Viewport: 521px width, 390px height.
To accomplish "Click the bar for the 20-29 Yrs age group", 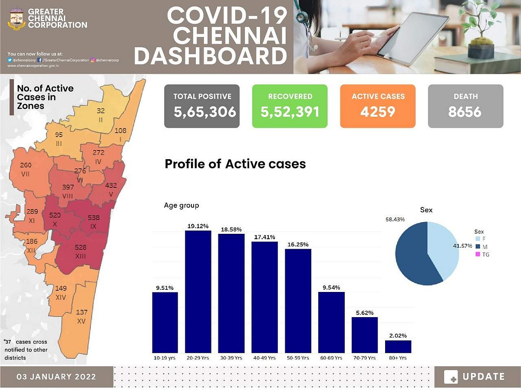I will (198, 292).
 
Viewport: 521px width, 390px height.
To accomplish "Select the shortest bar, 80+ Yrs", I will (398, 347).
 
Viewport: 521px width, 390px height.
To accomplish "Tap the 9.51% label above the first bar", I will (165, 287).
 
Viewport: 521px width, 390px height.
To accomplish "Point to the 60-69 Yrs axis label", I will (331, 358).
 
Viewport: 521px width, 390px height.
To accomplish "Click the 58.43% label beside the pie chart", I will (395, 220).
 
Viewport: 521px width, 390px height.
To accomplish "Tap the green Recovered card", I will (290, 106).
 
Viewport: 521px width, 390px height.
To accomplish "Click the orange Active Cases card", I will (378, 106).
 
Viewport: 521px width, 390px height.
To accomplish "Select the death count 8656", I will (465, 112).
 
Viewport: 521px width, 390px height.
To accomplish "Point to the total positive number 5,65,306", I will (205, 112).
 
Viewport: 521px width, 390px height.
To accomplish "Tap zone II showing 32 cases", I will (100, 114).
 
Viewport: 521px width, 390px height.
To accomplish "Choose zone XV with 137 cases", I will (81, 317).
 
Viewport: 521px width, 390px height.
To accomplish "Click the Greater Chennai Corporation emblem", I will (16, 19).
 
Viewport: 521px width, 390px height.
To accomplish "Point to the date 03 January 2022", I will (56, 377).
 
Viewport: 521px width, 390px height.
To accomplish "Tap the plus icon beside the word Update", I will (451, 377).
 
